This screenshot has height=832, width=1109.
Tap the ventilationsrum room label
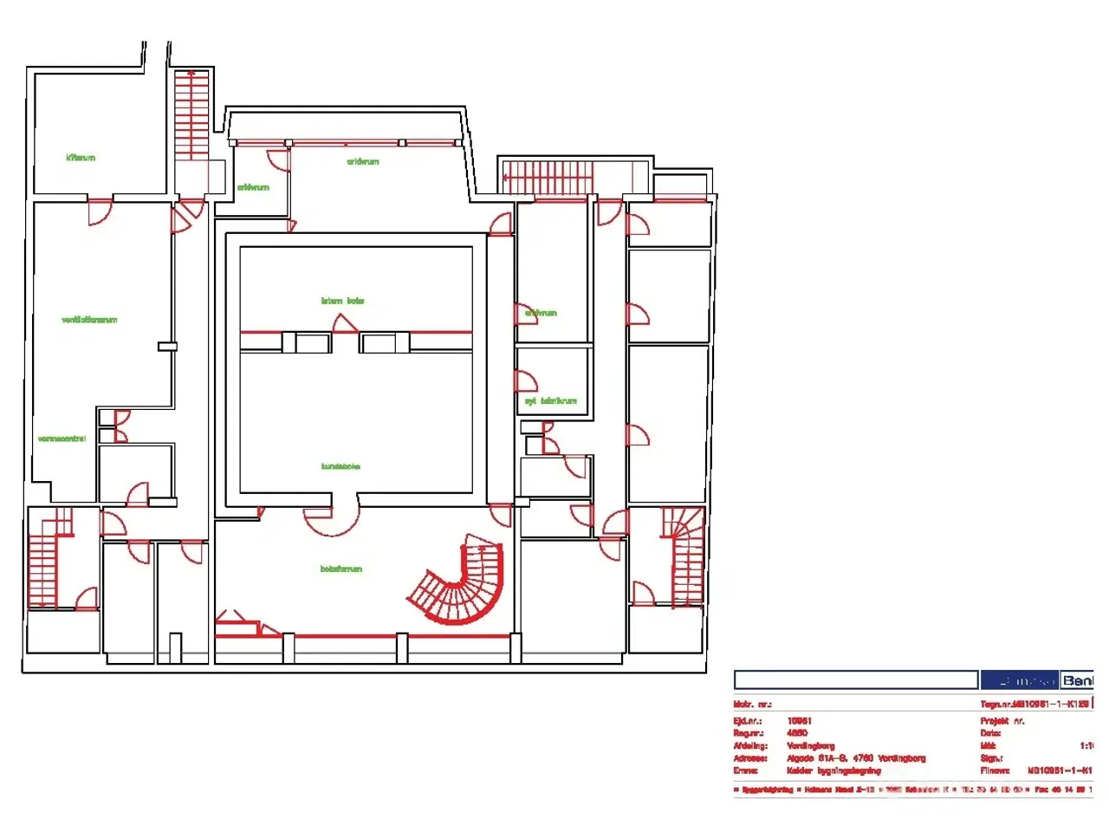pyautogui.click(x=89, y=320)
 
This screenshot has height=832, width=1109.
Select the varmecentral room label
pyautogui.click(x=62, y=439)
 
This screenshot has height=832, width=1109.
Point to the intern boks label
pyautogui.click(x=343, y=301)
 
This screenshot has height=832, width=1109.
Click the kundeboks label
pyautogui.click(x=340, y=466)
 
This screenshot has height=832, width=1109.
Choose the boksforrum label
pyautogui.click(x=341, y=569)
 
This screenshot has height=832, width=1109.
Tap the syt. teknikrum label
pyautogui.click(x=550, y=401)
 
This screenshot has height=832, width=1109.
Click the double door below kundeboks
pyautogui.click(x=331, y=518)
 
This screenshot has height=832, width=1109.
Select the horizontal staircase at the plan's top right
pyautogui.click(x=548, y=178)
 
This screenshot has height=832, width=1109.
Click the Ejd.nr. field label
pyautogui.click(x=748, y=721)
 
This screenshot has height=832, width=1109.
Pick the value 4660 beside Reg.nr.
pyautogui.click(x=797, y=733)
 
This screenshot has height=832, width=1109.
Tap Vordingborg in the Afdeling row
pyautogui.click(x=811, y=745)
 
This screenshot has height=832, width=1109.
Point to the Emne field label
pyautogui.click(x=745, y=770)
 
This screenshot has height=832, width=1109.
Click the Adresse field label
pyautogui.click(x=750, y=758)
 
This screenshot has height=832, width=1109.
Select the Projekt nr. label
pyautogui.click(x=1002, y=721)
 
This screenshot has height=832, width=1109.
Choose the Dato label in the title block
pyautogui.click(x=990, y=733)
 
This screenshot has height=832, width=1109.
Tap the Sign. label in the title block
pyautogui.click(x=991, y=758)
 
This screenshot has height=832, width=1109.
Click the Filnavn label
pyautogui.click(x=995, y=770)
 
